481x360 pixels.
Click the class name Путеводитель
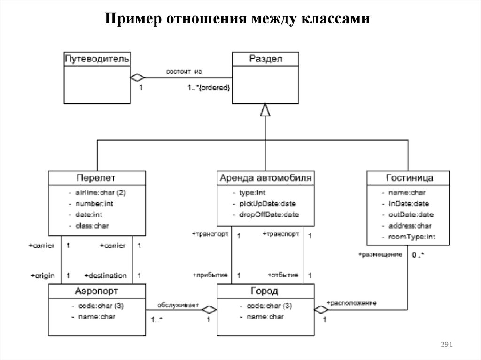(x=97, y=59)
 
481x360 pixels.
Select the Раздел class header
(x=265, y=59)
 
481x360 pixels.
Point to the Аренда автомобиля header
(x=265, y=178)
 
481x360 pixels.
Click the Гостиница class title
(x=409, y=178)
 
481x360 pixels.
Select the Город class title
(x=265, y=291)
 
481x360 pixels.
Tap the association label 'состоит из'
(x=184, y=71)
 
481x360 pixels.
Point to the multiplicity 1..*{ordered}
(x=209, y=88)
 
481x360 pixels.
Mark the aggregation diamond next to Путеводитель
(x=137, y=77)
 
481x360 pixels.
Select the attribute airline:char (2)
(x=99, y=192)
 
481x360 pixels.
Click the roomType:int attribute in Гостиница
(x=411, y=237)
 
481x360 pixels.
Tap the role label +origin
(x=43, y=276)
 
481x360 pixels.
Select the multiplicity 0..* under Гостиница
(x=418, y=255)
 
